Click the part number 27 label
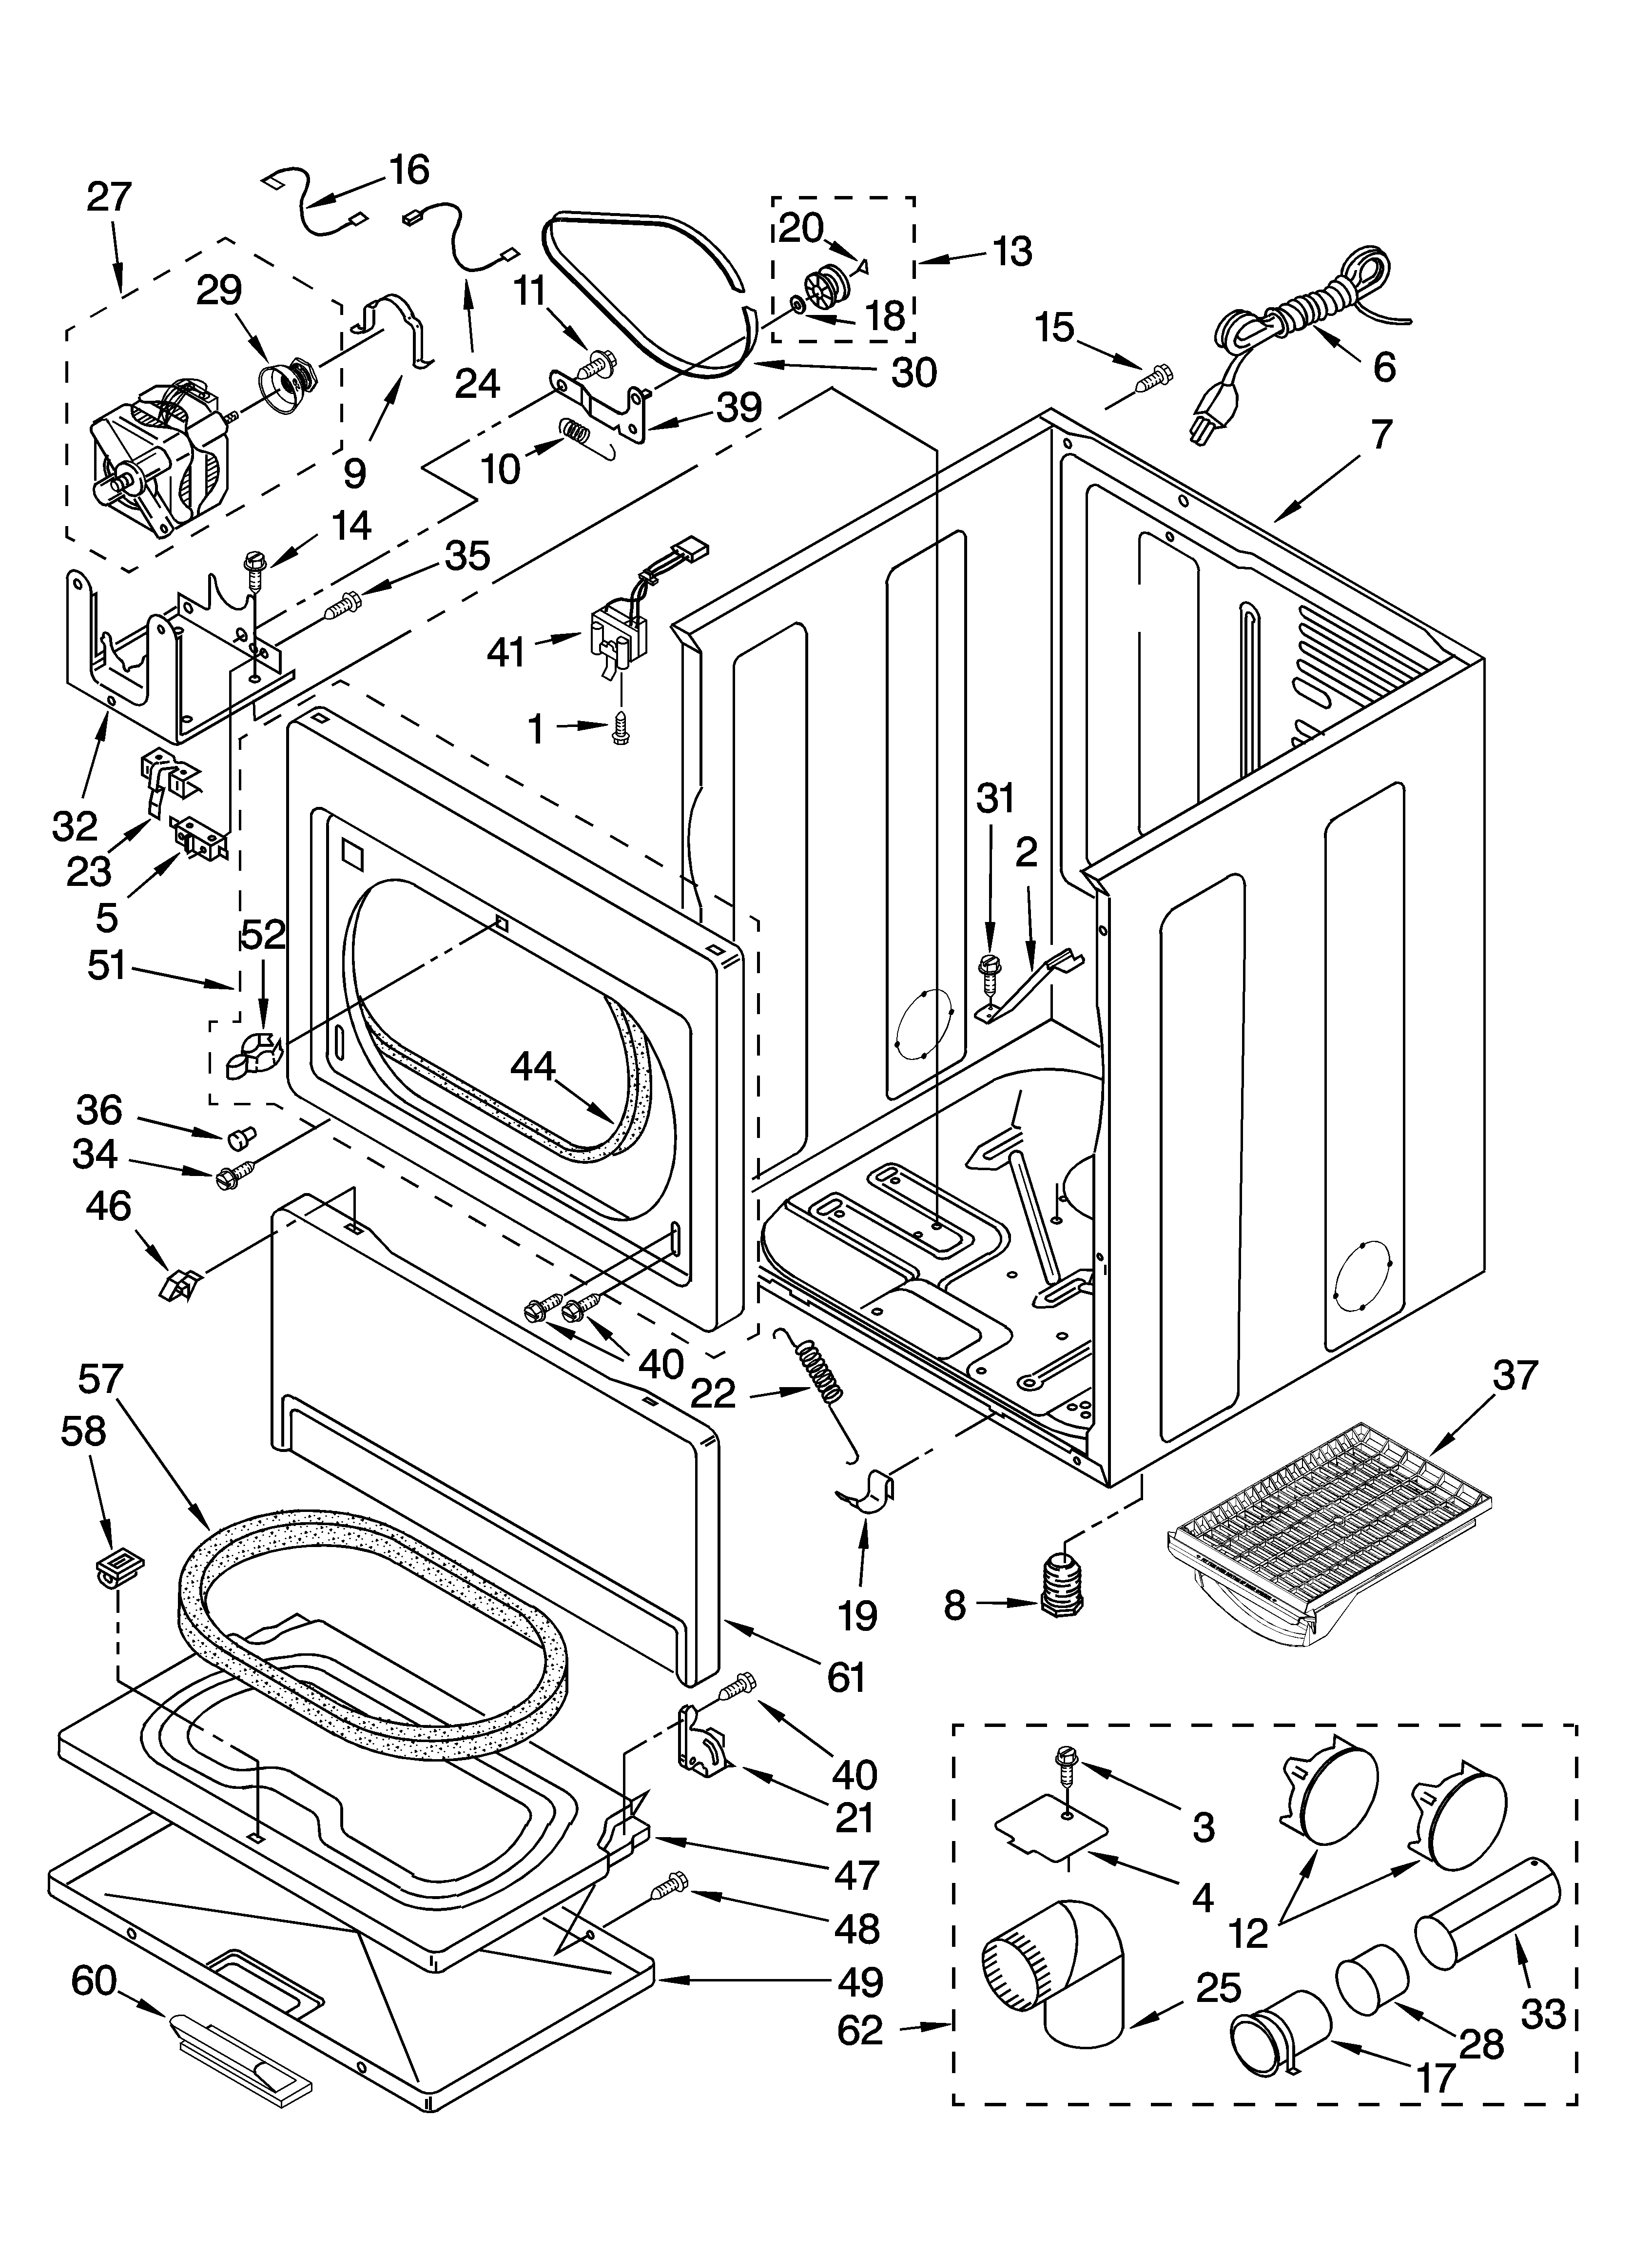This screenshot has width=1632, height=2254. tap(108, 197)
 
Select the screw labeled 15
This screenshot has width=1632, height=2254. tap(1153, 379)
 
